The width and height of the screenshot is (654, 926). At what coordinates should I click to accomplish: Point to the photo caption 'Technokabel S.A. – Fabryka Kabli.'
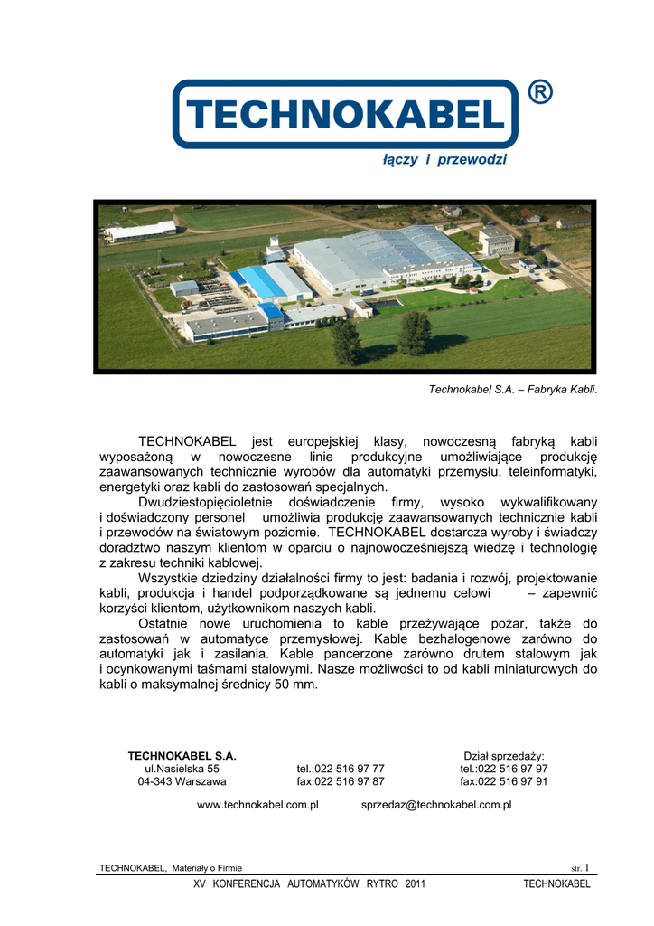(512, 390)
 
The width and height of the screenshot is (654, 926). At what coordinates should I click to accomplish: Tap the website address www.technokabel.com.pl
(257, 804)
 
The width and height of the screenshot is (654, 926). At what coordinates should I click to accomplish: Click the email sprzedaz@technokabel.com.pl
(436, 804)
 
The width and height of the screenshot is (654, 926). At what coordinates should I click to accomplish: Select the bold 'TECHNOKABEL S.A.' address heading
(182, 755)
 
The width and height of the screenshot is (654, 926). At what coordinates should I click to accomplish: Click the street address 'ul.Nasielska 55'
(182, 769)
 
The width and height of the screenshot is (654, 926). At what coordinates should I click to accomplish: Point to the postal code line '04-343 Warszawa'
(182, 781)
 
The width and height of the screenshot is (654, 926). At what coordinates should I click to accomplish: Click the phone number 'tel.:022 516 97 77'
(341, 769)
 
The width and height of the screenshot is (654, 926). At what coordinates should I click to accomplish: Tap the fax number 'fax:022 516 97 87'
(341, 781)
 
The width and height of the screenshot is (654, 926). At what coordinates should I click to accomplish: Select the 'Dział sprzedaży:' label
(503, 755)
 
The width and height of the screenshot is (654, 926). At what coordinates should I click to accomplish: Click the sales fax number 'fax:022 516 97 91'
(503, 781)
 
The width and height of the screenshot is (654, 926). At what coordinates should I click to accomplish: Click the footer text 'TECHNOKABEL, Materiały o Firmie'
(171, 868)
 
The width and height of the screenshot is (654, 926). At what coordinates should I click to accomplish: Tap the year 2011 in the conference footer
(415, 883)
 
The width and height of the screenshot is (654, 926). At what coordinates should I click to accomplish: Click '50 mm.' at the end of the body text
(297, 685)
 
